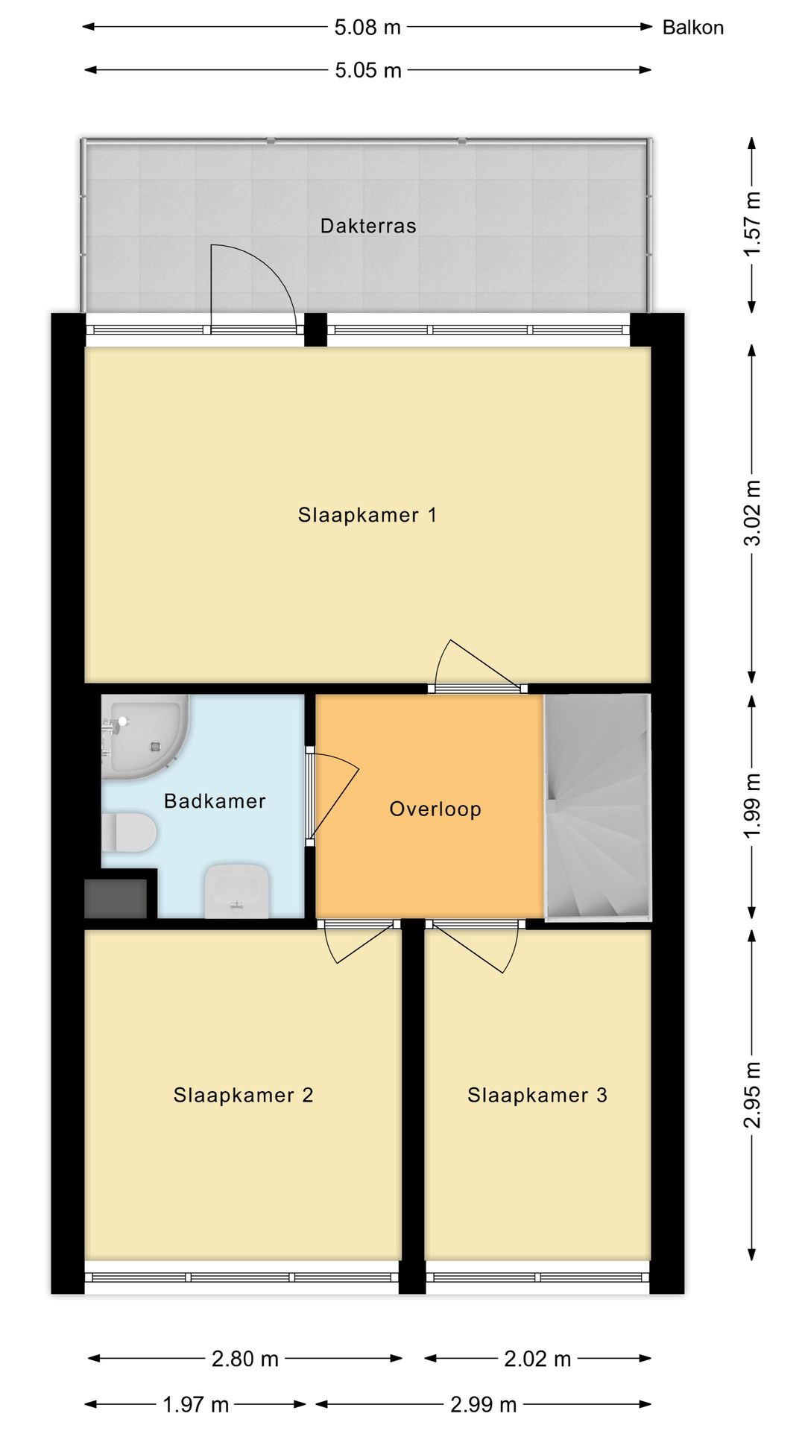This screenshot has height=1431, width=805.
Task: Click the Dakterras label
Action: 368,226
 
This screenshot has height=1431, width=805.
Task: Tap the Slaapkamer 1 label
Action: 367,515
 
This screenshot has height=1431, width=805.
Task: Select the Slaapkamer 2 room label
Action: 244,1095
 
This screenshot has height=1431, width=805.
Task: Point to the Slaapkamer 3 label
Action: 537,1095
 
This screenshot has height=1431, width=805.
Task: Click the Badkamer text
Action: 215,801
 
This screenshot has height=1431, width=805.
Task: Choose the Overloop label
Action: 435,809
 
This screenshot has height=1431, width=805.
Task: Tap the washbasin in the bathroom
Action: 237,891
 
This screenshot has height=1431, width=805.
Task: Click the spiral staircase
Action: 598,806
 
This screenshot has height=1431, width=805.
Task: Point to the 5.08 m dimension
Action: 367,28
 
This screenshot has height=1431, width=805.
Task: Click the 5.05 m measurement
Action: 368,70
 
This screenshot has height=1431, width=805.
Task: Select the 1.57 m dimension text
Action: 753,224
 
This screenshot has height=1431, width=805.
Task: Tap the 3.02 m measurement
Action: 753,513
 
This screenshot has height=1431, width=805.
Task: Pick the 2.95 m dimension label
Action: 753,1095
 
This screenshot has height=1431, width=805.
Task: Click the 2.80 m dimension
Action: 245,1359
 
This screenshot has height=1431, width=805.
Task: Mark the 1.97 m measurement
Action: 195,1405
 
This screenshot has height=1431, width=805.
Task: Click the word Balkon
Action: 693,28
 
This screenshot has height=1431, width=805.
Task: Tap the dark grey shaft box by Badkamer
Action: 116,899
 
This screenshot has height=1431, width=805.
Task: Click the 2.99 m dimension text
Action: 484,1405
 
